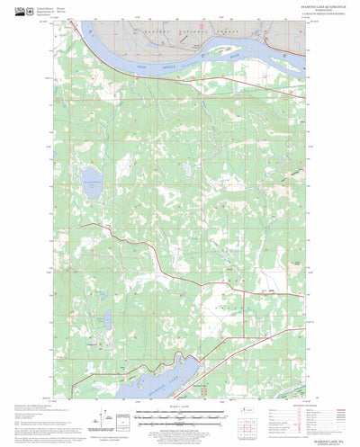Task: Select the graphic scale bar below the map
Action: (x=180, y=416)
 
